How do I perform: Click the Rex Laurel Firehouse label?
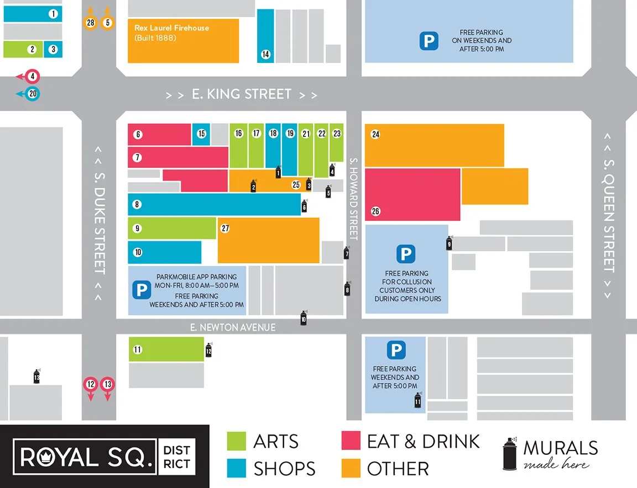click(172, 28)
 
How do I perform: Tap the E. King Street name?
click(242, 94)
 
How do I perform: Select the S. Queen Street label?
click(608, 216)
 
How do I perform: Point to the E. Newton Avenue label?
click(233, 327)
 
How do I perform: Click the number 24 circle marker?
click(375, 134)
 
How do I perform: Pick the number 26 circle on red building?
click(375, 211)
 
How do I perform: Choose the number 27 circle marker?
click(225, 228)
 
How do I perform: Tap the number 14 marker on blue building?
click(266, 54)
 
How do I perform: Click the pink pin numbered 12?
click(91, 385)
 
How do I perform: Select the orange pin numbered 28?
click(91, 23)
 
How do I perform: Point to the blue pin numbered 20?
click(33, 94)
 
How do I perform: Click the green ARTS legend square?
click(237, 441)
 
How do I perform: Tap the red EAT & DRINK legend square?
click(351, 441)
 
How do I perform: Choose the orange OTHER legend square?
click(351, 469)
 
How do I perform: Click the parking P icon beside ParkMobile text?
click(141, 289)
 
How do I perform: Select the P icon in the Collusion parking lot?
click(406, 254)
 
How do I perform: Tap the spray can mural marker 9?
click(450, 243)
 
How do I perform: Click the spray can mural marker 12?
click(208, 349)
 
